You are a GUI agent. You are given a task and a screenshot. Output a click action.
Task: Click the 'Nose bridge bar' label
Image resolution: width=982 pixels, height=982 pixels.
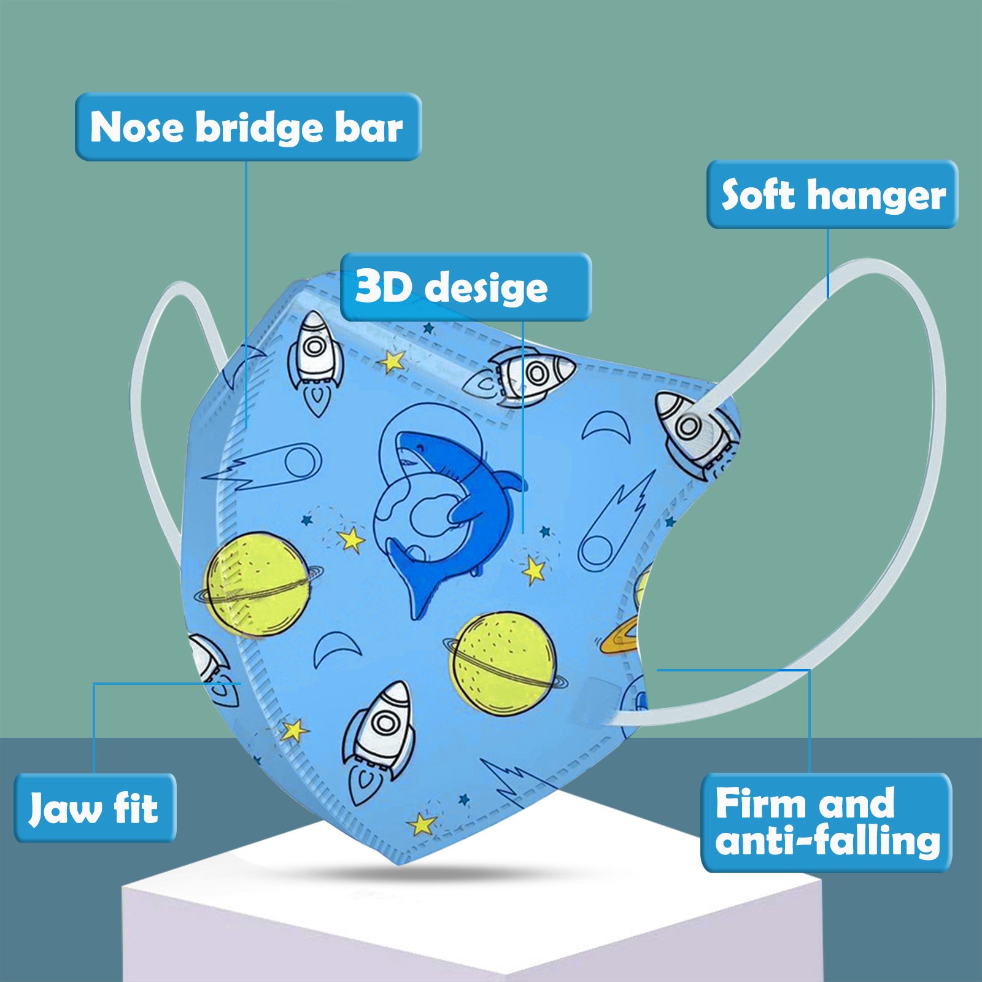(x=247, y=127)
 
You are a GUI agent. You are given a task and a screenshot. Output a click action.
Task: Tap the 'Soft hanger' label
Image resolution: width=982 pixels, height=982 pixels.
(x=832, y=195)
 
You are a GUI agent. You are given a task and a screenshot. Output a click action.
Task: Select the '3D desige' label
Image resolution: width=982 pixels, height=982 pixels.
(x=465, y=287)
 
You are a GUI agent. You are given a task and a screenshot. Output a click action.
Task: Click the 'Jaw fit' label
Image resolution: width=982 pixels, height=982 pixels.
(x=95, y=808)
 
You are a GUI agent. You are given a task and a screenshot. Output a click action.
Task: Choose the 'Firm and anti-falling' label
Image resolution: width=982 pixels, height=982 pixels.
(x=826, y=822)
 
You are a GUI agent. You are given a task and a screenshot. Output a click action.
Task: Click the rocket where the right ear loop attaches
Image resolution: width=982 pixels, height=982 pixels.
(x=697, y=430)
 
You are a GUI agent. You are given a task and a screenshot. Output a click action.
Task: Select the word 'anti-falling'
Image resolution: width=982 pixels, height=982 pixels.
(x=827, y=840)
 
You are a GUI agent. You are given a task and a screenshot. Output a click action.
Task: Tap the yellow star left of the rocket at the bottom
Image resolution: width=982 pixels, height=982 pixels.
(x=295, y=730)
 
